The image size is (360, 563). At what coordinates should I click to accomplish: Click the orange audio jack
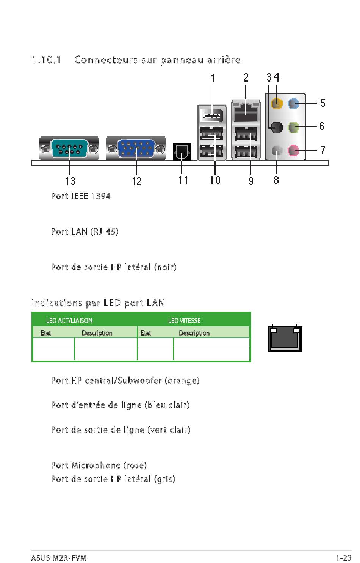[277, 103]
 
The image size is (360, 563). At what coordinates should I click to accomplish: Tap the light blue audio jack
[293, 103]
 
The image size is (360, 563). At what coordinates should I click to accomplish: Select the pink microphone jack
[293, 150]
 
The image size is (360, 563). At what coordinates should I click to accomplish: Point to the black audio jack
[277, 127]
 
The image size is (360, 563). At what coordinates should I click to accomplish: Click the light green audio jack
[293, 127]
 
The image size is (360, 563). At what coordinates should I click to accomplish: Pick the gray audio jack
[277, 150]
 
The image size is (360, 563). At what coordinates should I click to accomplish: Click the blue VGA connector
[136, 148]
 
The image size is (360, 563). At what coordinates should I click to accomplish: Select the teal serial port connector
[69, 148]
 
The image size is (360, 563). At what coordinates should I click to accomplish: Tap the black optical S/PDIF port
[182, 152]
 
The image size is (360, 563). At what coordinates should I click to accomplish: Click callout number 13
[70, 181]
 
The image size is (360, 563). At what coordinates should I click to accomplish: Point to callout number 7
[323, 150]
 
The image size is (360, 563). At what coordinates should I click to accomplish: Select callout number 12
[136, 181]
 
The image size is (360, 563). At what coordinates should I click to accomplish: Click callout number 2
[246, 78]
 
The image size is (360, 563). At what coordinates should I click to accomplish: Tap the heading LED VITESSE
[184, 320]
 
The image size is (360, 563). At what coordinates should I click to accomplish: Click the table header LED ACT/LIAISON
[69, 320]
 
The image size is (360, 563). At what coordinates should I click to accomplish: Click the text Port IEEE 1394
[81, 196]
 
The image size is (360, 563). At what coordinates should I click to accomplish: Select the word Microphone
[96, 466]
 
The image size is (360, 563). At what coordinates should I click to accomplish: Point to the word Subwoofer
[140, 381]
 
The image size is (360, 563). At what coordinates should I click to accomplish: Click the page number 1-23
[344, 558]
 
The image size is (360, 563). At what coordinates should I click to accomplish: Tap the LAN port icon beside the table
[285, 338]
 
